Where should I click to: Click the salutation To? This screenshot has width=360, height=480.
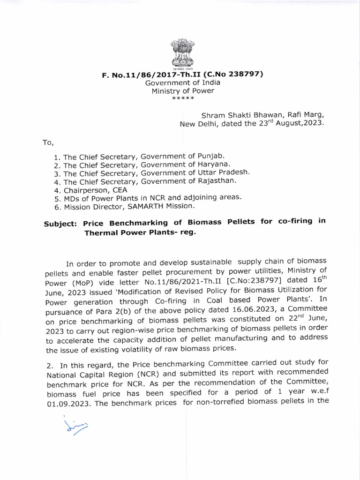49,142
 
